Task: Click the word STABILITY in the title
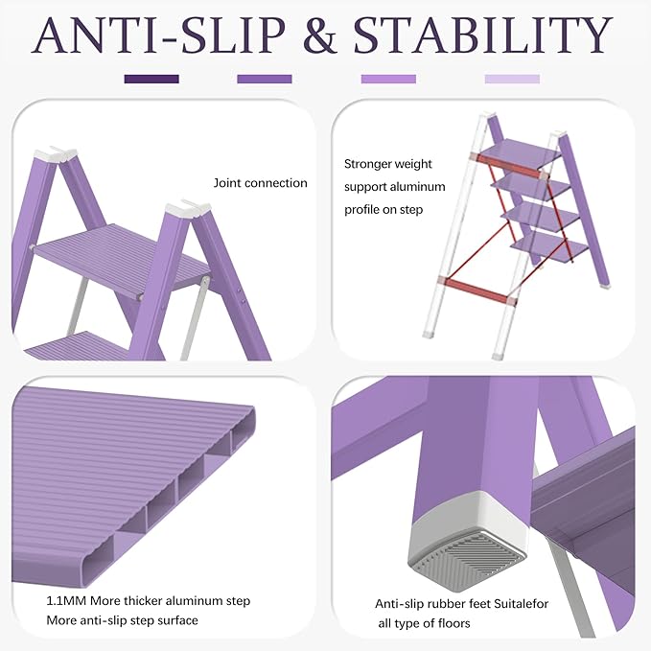click(x=483, y=35)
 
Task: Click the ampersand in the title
click(x=320, y=35)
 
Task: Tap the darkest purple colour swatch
click(x=151, y=79)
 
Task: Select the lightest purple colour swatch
click(x=512, y=79)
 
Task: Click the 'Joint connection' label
click(x=260, y=183)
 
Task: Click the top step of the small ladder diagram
click(x=518, y=153)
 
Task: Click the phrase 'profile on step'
click(x=384, y=209)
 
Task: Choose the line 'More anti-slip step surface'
click(x=122, y=620)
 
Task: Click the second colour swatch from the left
click(x=265, y=79)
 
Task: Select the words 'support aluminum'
click(x=389, y=187)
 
